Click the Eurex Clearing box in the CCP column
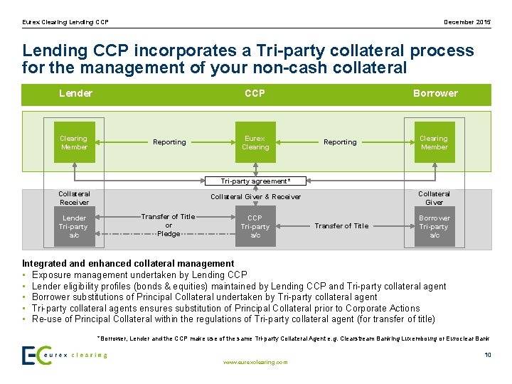(x=255, y=142)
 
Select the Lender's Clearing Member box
(x=74, y=142)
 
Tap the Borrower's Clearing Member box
(x=434, y=142)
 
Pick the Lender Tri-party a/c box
(x=74, y=226)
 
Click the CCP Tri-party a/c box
(x=255, y=226)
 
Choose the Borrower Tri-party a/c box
(x=434, y=226)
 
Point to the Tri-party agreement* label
(x=255, y=181)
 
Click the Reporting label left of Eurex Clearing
(x=169, y=142)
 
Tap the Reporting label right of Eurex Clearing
(x=340, y=142)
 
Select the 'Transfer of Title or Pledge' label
(x=169, y=225)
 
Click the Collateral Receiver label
(x=74, y=198)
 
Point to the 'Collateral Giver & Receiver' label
(x=255, y=197)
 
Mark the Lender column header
(x=75, y=94)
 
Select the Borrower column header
(x=435, y=94)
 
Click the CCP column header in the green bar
(x=255, y=94)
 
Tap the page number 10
(x=487, y=354)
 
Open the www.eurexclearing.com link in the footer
(x=255, y=362)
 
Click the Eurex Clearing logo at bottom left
(x=64, y=355)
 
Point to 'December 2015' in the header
(x=467, y=22)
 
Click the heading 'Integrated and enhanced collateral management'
(x=128, y=264)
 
